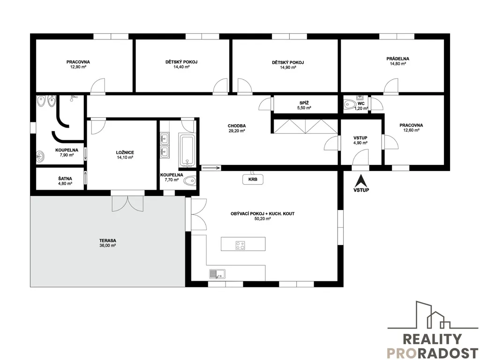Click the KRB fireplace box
pyautogui.click(x=253, y=180)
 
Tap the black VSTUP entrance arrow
pyautogui.click(x=361, y=180)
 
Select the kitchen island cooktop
pyautogui.click(x=240, y=245)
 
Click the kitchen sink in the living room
pyautogui.click(x=217, y=274)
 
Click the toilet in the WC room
pyautogui.click(x=349, y=105)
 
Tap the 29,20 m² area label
pyautogui.click(x=237, y=131)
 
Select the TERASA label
pyautogui.click(x=107, y=240)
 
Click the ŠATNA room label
pyautogui.click(x=65, y=179)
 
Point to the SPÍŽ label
pyautogui.click(x=304, y=103)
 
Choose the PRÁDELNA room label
pyautogui.click(x=397, y=59)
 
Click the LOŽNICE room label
pyautogui.click(x=125, y=152)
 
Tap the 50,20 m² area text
pyautogui.click(x=262, y=219)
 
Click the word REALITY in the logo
pyautogui.click(x=432, y=339)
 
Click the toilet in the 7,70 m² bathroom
pyautogui.click(x=189, y=180)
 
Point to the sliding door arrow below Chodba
pyautogui.click(x=211, y=168)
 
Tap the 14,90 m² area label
pyautogui.click(x=288, y=67)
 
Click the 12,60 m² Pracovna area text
pyautogui.click(x=411, y=130)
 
